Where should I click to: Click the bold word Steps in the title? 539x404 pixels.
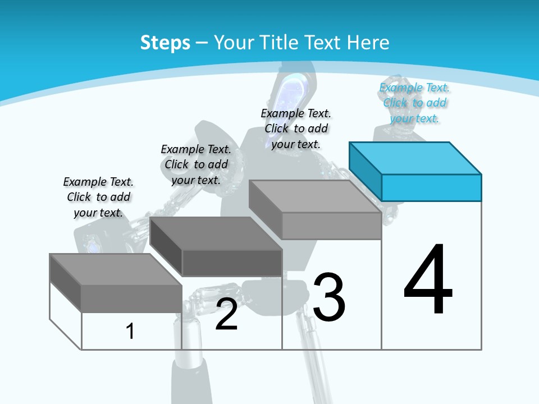[x=165, y=43]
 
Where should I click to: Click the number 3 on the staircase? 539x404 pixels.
[x=329, y=297]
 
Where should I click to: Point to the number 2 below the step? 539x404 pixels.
[x=226, y=315]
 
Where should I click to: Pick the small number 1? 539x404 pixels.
[x=130, y=332]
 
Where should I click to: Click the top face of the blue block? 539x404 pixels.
[x=415, y=158]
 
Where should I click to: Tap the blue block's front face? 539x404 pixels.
[x=431, y=187]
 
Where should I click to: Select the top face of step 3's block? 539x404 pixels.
[x=314, y=196]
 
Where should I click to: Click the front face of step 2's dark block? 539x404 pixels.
[x=232, y=263]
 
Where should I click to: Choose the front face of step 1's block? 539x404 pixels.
[x=131, y=299]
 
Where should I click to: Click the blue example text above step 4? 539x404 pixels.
[x=414, y=103]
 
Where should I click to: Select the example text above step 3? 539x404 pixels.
[x=296, y=128]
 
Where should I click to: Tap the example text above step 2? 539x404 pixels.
[x=196, y=164]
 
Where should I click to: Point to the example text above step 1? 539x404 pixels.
[x=98, y=197]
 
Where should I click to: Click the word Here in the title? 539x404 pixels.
[x=368, y=43]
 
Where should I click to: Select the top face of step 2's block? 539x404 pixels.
[x=216, y=233]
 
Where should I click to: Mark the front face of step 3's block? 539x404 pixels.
[x=331, y=226]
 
